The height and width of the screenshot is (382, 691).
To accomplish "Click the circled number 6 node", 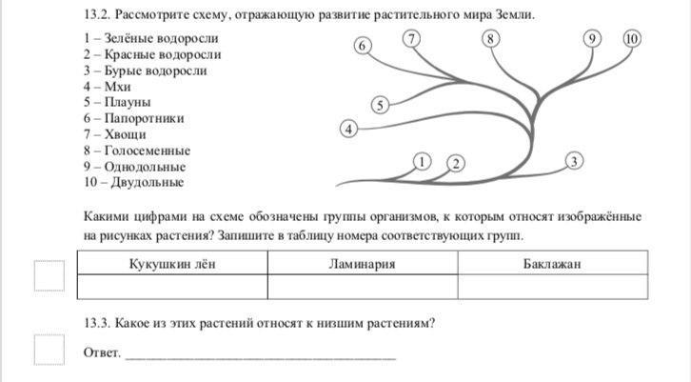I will click(x=362, y=46).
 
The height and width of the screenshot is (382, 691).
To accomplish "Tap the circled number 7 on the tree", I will click(x=411, y=39).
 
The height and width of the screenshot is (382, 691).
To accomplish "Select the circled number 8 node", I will click(x=490, y=39).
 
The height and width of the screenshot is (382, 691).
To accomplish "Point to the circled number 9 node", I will click(x=593, y=39).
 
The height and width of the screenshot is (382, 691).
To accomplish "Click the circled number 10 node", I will click(x=632, y=39).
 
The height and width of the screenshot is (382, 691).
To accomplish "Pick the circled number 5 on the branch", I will click(x=379, y=105).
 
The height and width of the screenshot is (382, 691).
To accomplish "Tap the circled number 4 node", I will click(x=349, y=128).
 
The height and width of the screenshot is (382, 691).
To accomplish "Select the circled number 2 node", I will click(x=456, y=164).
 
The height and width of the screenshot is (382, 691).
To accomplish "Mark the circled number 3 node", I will click(x=574, y=161).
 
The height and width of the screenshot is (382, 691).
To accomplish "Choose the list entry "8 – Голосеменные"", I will click(x=136, y=151).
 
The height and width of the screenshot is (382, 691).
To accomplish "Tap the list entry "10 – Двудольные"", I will click(x=133, y=182).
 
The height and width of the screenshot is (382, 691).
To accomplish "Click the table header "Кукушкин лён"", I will click(x=172, y=263).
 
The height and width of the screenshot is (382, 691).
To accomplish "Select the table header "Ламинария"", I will click(x=362, y=263).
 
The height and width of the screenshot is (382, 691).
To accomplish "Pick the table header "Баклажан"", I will click(x=552, y=263).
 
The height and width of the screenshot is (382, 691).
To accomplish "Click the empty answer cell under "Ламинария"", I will click(x=362, y=287).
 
